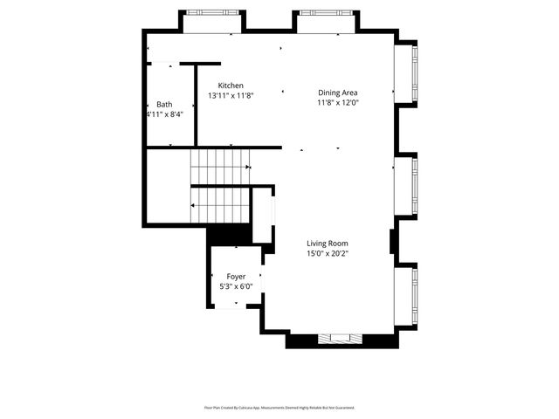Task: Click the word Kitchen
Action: click(x=218, y=85)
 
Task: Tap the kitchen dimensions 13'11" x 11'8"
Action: click(x=227, y=95)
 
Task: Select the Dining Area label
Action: click(x=337, y=93)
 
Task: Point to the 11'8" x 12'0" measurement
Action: click(x=337, y=102)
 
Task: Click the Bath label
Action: click(x=164, y=104)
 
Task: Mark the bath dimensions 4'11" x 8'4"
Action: click(x=163, y=114)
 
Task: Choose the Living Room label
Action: click(x=328, y=244)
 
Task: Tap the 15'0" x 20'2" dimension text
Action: click(x=328, y=254)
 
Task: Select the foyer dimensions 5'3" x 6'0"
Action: click(x=236, y=286)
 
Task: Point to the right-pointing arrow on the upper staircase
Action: click(x=248, y=167)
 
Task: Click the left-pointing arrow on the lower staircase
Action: click(x=193, y=205)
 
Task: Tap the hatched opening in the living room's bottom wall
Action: click(x=337, y=339)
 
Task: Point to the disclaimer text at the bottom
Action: click(x=279, y=408)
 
